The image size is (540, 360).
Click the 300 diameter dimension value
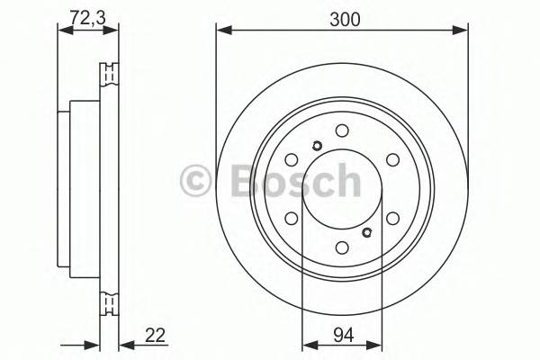pyautogui.click(x=341, y=15)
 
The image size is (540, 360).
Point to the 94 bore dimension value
pyautogui.click(x=341, y=334)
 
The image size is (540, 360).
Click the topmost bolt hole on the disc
pyautogui.click(x=341, y=130)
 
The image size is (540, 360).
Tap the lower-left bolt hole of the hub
pyautogui.click(x=291, y=218)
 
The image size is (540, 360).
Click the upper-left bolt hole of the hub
pyautogui.click(x=291, y=160)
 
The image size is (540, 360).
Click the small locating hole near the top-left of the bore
pyautogui.click(x=316, y=148)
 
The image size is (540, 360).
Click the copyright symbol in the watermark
pyautogui.click(x=195, y=182)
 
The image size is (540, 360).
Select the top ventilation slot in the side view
pyautogui.click(x=111, y=73)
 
